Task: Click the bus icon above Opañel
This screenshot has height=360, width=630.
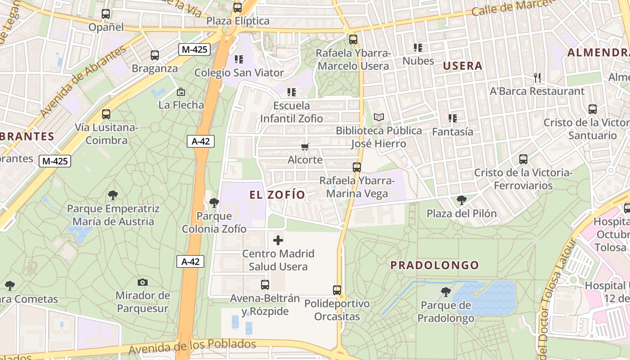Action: click(x=106, y=14)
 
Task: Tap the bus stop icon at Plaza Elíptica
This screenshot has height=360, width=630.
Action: click(x=237, y=8)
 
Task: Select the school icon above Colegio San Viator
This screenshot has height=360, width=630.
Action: click(x=239, y=59)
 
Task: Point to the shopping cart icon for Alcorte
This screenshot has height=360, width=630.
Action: click(x=305, y=147)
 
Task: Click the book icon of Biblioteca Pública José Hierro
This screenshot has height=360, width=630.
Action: click(x=379, y=117)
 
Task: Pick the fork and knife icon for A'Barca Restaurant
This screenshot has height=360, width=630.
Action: click(x=537, y=78)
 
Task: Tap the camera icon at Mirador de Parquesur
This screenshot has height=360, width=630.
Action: click(x=143, y=282)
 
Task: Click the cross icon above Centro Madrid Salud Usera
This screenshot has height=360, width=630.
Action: click(x=278, y=240)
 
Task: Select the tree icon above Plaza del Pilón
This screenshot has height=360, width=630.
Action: click(x=461, y=200)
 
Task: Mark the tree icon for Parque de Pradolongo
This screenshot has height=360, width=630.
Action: click(x=445, y=292)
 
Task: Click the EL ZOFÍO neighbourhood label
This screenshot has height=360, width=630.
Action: click(x=277, y=195)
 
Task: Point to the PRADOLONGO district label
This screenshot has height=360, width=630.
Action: click(x=435, y=265)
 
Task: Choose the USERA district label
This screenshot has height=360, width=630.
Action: click(x=463, y=66)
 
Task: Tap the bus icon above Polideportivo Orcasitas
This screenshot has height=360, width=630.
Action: click(x=337, y=290)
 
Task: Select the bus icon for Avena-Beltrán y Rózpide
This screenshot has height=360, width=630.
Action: click(x=265, y=284)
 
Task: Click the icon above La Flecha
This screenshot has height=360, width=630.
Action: click(x=181, y=92)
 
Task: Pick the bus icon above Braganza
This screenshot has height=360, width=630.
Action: click(x=155, y=55)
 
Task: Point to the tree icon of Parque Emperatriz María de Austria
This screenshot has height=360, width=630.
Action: click(x=113, y=195)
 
